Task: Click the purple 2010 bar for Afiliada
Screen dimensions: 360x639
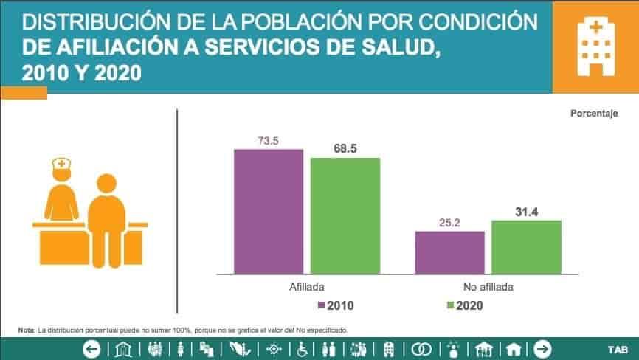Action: coord(269,211)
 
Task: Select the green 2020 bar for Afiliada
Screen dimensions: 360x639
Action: coord(345,215)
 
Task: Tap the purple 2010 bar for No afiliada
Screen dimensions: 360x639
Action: coord(449,252)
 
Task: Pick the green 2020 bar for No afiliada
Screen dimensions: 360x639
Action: coord(526,247)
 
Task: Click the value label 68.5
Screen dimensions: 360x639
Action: coord(345,148)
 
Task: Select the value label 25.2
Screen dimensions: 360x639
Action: coord(449,222)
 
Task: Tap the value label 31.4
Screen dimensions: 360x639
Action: coord(526,212)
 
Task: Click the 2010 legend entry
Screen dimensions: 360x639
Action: coord(338,305)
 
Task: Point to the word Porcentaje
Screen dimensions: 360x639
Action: coord(593,114)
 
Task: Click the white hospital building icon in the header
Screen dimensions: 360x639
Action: coord(595,46)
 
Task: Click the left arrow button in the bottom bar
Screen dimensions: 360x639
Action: coord(91,349)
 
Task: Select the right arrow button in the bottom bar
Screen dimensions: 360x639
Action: coord(542,349)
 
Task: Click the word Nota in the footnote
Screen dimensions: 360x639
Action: coord(26,330)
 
